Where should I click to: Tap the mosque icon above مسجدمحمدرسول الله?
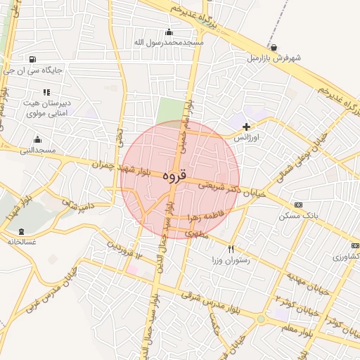pyautogui.click(x=169, y=32)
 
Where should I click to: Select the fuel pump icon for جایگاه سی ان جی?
pyautogui.click(x=32, y=59)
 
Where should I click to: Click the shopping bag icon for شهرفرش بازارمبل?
pyautogui.click(x=273, y=48)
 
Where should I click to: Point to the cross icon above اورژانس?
pyautogui.click(x=245, y=127)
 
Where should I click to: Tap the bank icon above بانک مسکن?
pyautogui.click(x=299, y=205)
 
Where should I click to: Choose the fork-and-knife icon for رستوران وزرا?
pyautogui.click(x=231, y=249)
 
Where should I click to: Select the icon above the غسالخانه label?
pyautogui.click(x=20, y=231)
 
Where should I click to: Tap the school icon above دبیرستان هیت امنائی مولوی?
pyautogui.click(x=46, y=92)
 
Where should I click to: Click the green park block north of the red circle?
pyautogui.click(x=169, y=111)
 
